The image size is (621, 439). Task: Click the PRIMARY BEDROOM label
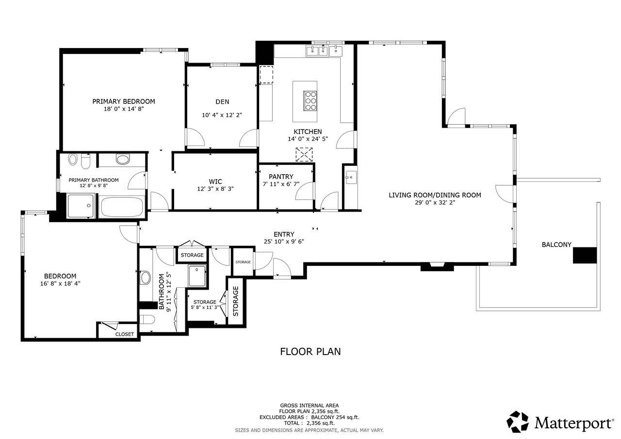[124, 101]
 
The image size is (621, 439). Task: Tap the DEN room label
[222, 102]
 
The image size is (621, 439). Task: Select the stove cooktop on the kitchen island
[310, 101]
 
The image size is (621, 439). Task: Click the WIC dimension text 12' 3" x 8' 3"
[215, 189]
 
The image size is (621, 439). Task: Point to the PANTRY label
[281, 177]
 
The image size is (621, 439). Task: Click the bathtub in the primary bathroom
[122, 207]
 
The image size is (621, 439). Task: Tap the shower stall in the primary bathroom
[81, 206]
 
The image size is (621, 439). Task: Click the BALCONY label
[556, 244]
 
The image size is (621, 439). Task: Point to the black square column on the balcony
[585, 255]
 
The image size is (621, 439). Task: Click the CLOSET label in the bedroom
[125, 334]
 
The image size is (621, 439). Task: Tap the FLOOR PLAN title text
[310, 352]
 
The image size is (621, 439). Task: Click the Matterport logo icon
[517, 422]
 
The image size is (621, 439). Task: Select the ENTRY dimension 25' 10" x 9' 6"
[284, 242]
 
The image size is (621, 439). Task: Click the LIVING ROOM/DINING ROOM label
[435, 195]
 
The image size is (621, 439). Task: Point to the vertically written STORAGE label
[236, 301]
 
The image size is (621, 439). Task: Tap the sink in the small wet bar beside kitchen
[351, 178]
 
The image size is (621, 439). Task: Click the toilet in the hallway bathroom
[147, 320]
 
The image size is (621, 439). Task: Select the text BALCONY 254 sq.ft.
[335, 417]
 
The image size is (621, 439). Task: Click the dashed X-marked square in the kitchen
[304, 155]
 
